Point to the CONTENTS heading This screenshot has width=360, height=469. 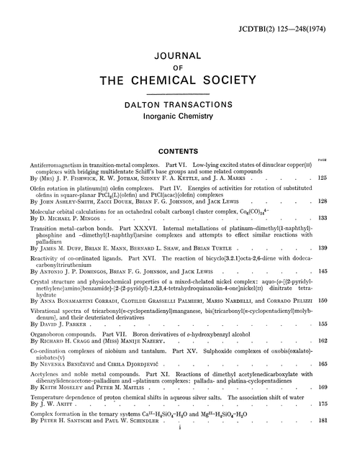coord(180,152)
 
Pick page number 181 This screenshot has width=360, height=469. coord(344,440)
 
